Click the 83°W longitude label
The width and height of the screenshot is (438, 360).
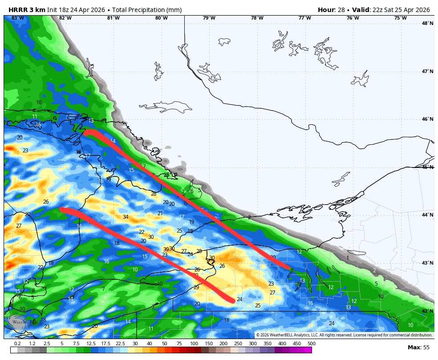pyautogui.click(x=17, y=18)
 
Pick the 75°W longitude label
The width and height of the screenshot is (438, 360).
pyautogui.click(x=400, y=18)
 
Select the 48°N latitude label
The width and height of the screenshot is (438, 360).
pyautogui.click(x=427, y=24)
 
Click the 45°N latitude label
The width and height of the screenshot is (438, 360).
pyautogui.click(x=427, y=167)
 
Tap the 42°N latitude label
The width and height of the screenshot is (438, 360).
pyautogui.click(x=427, y=311)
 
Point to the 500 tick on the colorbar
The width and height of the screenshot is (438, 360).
pyautogui.click(x=311, y=344)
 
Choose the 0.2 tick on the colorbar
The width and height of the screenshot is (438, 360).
pyautogui.click(x=18, y=344)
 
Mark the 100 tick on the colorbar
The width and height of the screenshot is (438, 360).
pyautogui.click(x=194, y=344)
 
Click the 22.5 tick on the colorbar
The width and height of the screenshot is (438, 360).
pyautogui.click(x=120, y=344)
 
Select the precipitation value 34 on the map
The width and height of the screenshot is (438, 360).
pyautogui.click(x=126, y=217)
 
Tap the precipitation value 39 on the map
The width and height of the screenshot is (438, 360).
pyautogui.click(x=166, y=250)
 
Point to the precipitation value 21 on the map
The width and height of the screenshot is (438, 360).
pyautogui.click(x=160, y=213)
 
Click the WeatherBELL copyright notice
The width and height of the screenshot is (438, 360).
pyautogui.click(x=344, y=335)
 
